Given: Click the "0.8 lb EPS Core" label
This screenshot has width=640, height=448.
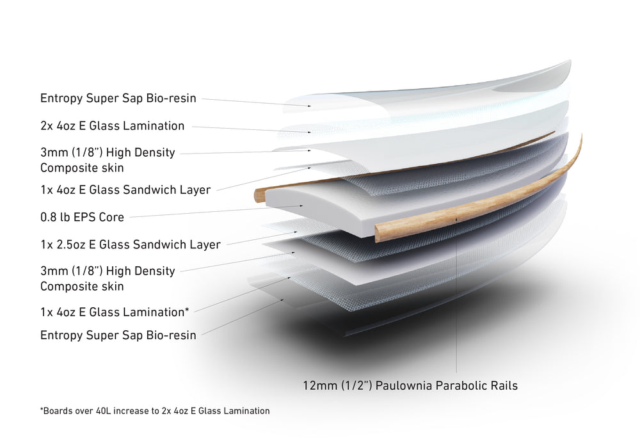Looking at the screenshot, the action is [82, 217].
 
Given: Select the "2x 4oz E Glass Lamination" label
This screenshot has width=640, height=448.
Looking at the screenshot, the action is [112, 125].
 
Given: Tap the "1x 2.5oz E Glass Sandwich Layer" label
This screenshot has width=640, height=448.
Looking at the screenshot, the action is [130, 244].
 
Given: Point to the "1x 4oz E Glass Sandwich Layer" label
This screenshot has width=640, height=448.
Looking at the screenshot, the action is [125, 189].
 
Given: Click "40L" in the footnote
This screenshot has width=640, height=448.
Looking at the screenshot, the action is [103, 411].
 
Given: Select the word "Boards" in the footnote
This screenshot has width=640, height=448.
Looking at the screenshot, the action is [56, 411].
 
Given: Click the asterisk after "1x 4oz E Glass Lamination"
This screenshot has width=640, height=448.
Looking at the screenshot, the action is [187, 310].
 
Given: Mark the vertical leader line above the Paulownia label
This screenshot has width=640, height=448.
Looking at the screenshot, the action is [456, 294].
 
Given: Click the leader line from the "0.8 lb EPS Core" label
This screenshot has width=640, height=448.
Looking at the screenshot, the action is [216, 211].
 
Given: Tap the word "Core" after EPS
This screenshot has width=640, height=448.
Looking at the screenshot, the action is [111, 217].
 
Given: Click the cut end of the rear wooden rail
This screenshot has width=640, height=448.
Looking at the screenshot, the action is [259, 195].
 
